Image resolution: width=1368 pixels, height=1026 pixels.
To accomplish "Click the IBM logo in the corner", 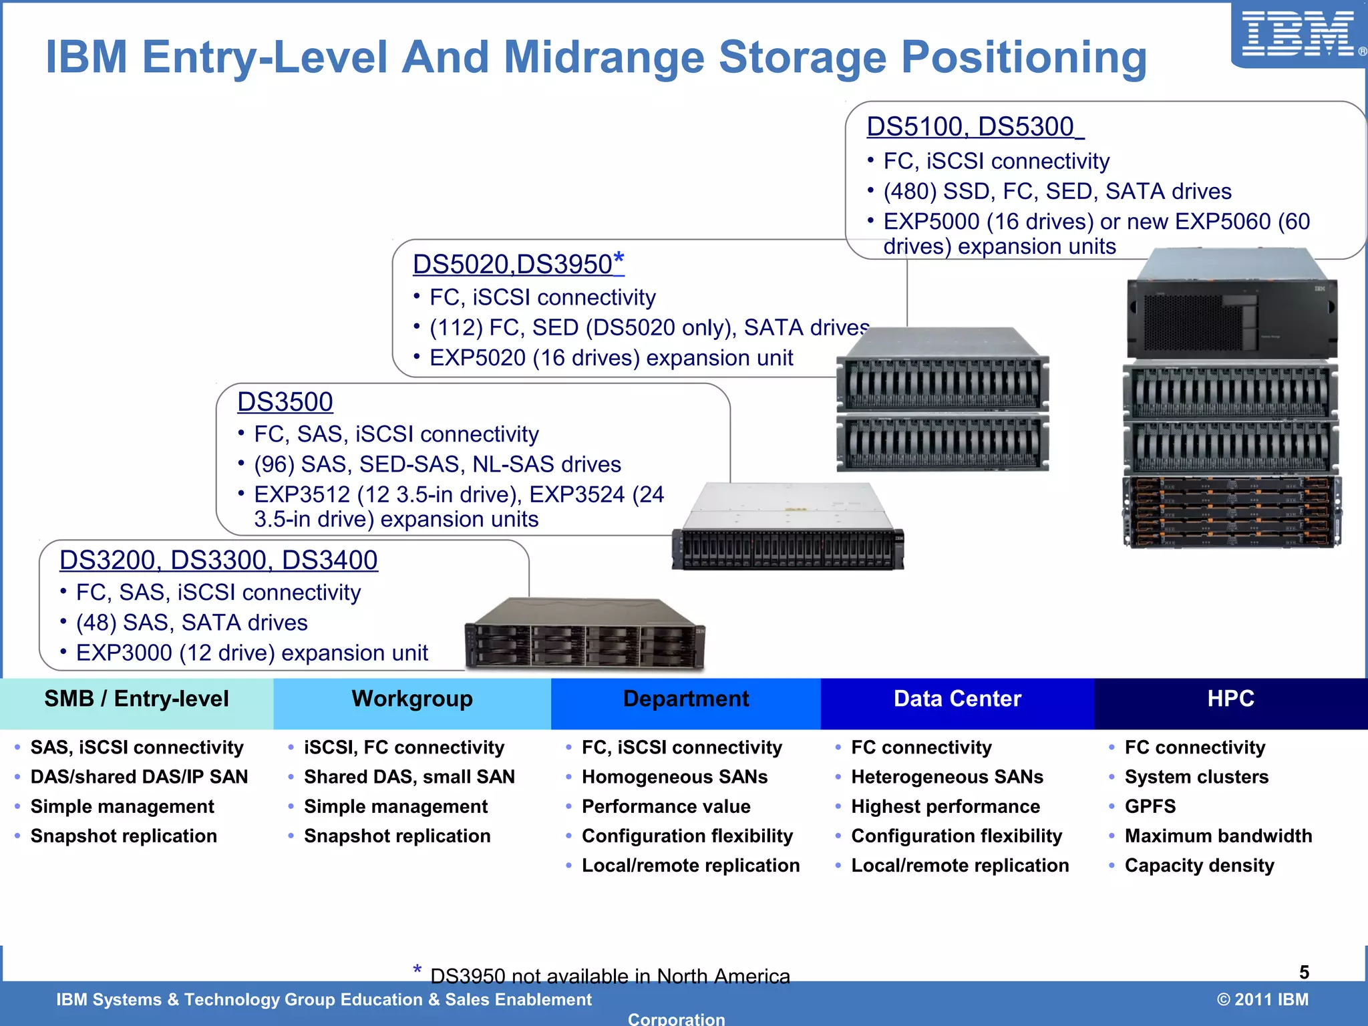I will tap(1297, 35).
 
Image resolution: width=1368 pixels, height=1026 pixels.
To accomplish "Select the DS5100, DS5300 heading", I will tap(974, 126).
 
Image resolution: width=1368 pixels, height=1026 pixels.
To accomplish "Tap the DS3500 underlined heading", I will tap(285, 401).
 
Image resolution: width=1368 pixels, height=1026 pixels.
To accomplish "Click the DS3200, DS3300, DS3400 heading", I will tap(218, 560).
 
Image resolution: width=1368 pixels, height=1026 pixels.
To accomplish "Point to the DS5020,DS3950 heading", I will tap(518, 264).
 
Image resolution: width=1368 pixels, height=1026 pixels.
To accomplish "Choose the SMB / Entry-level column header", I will tap(136, 699).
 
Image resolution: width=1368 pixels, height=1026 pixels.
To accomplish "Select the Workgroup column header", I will tap(412, 699).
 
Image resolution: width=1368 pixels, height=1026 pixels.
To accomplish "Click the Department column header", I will tap(686, 699).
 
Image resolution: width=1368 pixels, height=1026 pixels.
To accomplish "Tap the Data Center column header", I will tap(957, 699).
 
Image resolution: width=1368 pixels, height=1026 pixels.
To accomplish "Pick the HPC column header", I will tap(1230, 699).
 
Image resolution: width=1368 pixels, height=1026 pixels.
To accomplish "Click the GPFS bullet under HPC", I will tap(1150, 806).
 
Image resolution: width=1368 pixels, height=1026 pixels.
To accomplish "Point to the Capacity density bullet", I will tap(1199, 865).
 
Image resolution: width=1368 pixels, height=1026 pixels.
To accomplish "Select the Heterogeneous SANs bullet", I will tap(947, 777).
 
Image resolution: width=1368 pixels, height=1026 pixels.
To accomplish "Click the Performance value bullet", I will tap(666, 806).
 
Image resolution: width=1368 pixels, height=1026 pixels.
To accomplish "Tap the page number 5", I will tap(1304, 972).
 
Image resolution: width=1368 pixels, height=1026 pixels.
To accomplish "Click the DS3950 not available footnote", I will tap(609, 976).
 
